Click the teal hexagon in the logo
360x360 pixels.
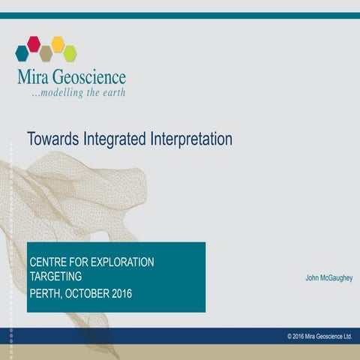click(x=22, y=52)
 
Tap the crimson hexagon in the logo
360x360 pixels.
click(x=34, y=43)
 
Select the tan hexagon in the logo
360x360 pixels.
click(x=46, y=53)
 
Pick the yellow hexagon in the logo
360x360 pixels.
click(x=58, y=43)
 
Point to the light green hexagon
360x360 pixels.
click(x=70, y=52)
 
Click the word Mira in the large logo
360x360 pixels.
click(x=34, y=77)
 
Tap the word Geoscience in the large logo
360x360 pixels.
click(x=91, y=78)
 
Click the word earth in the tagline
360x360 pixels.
click(x=113, y=93)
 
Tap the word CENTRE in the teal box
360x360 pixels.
click(x=48, y=262)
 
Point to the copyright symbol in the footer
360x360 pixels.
click(x=289, y=337)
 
